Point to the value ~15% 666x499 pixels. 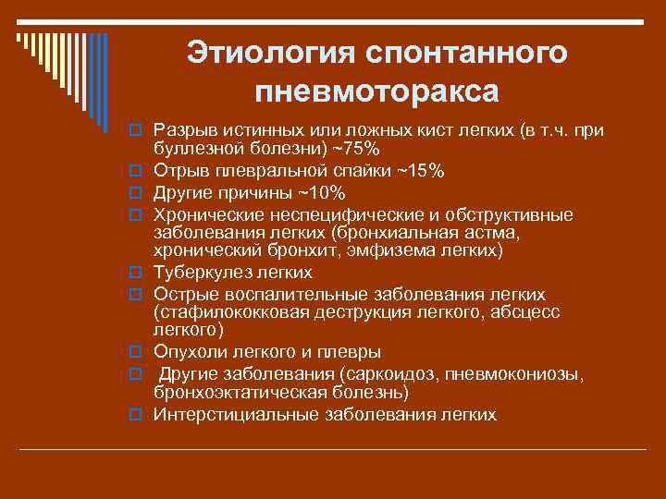(x=421, y=171)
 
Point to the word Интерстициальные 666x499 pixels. (x=236, y=415)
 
